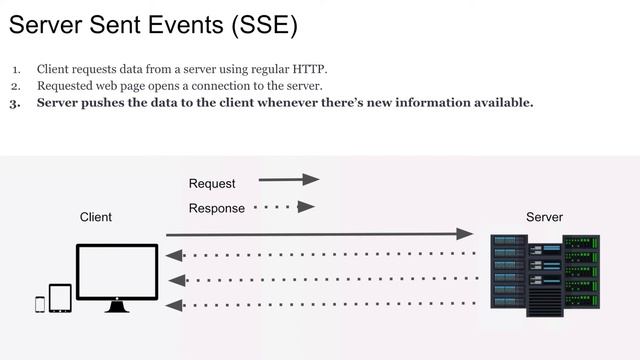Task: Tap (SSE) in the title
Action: (263, 25)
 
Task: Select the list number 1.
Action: (16, 69)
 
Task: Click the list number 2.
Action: (16, 86)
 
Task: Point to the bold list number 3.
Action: (16, 103)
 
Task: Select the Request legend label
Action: (212, 184)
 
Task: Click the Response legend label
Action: (216, 208)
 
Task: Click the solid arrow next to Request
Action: (288, 180)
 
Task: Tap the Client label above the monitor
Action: (96, 217)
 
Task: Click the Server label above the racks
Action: (544, 217)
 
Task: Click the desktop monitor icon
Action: (117, 273)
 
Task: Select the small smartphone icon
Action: (40, 303)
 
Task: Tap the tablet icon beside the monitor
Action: (60, 298)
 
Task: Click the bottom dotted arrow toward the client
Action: (320, 304)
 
